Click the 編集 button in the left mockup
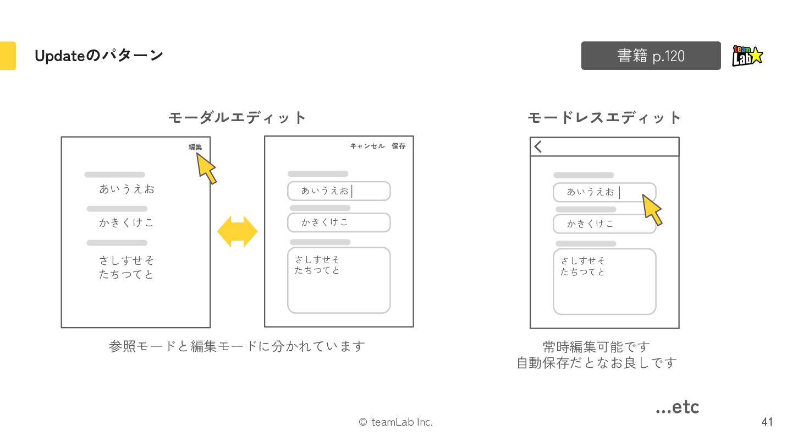coord(195,147)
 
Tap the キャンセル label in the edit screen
coord(367,146)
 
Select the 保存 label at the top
coord(398,146)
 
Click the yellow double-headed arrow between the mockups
coord(237,231)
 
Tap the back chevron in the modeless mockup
coord(538,146)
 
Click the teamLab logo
coord(747,56)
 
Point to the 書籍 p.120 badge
coord(651,56)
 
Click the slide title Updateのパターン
coord(98,56)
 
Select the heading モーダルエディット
coord(237,117)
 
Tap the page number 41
coord(767,422)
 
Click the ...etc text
coord(677,407)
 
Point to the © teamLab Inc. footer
coord(395,422)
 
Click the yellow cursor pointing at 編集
coord(206,168)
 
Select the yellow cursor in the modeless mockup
coord(652,210)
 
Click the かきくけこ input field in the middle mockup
coord(339,222)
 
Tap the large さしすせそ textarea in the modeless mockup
coord(604,281)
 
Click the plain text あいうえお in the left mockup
coord(127,189)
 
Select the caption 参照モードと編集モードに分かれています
coord(237,346)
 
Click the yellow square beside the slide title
coord(8,56)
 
